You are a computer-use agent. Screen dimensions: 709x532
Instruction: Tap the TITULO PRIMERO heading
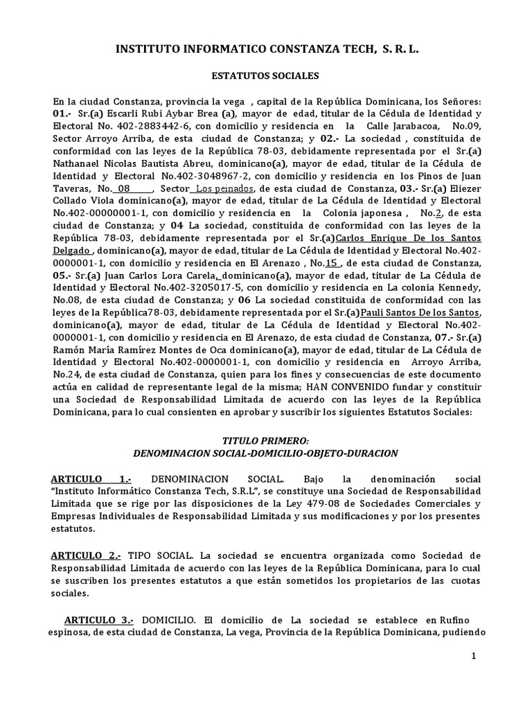265,440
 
